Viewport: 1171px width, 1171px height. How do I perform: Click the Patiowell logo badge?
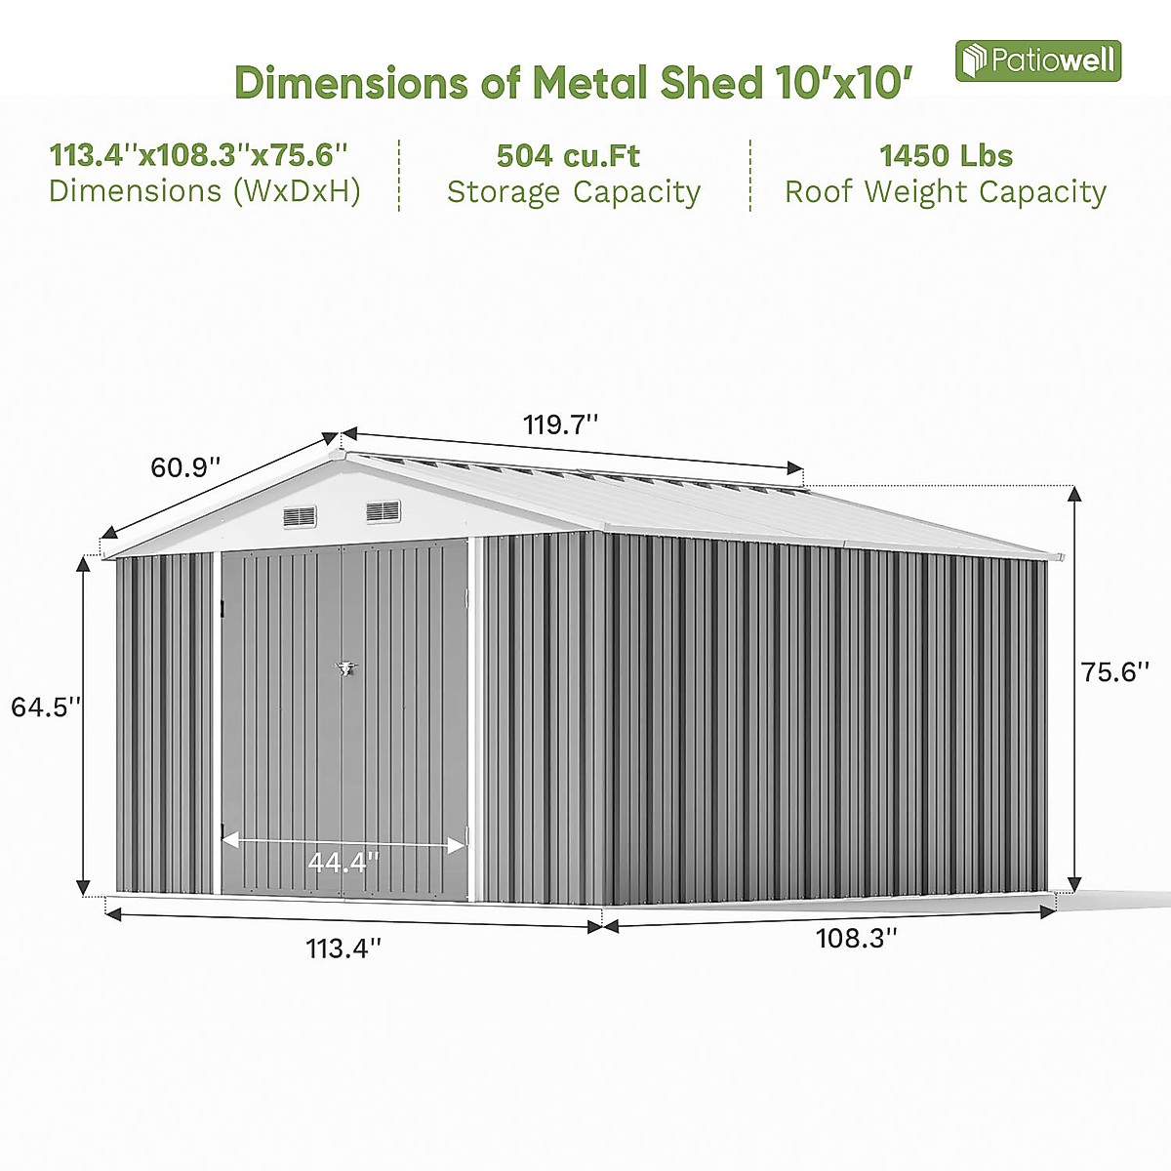1037,61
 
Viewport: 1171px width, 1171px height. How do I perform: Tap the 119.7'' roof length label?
560,425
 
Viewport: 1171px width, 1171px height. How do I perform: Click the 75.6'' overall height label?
1115,672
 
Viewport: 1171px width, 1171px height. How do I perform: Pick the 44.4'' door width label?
343,863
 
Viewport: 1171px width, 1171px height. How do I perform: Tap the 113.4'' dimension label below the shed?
343,948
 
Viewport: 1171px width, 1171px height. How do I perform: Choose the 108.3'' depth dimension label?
856,939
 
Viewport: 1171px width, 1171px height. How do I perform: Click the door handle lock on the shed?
343,668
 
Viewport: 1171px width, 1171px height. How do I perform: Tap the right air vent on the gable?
383,510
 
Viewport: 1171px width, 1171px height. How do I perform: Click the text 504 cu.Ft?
568,155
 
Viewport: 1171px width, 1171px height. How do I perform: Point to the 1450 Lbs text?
946,155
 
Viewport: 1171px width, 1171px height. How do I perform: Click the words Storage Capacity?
574,192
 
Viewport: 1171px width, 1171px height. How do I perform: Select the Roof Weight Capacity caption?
946,192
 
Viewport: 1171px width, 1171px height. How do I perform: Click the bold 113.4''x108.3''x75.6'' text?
199,154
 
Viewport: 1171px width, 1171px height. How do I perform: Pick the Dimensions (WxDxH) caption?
205,190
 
